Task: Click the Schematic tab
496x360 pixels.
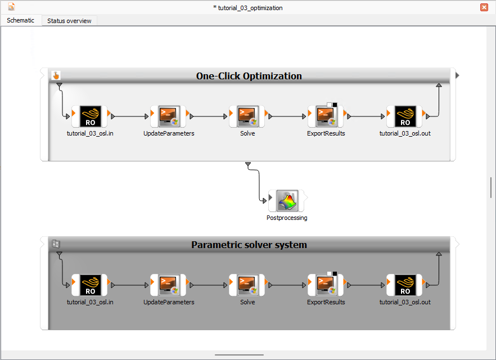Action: (20, 20)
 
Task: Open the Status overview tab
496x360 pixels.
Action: (69, 21)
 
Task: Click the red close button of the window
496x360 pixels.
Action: (484, 7)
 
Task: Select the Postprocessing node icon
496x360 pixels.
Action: (287, 201)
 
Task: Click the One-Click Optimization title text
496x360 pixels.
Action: (249, 76)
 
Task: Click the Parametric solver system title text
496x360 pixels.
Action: (249, 245)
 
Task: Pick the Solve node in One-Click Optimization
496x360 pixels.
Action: (247, 116)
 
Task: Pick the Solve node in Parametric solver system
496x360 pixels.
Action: (247, 285)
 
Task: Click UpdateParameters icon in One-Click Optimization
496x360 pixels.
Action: (169, 116)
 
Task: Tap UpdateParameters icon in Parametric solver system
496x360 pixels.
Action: (169, 285)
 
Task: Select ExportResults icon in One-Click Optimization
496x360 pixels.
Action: (326, 116)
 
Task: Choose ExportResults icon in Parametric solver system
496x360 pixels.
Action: (326, 285)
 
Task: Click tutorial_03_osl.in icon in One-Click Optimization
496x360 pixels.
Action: (90, 116)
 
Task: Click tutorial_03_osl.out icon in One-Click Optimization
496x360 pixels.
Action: (405, 116)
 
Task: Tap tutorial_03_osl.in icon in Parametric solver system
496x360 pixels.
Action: (90, 285)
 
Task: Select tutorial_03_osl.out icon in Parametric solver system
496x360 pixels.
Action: (405, 285)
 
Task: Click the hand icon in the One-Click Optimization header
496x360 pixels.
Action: (56, 75)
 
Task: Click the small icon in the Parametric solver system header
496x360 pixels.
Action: (56, 244)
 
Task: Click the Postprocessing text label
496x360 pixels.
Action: (287, 218)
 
